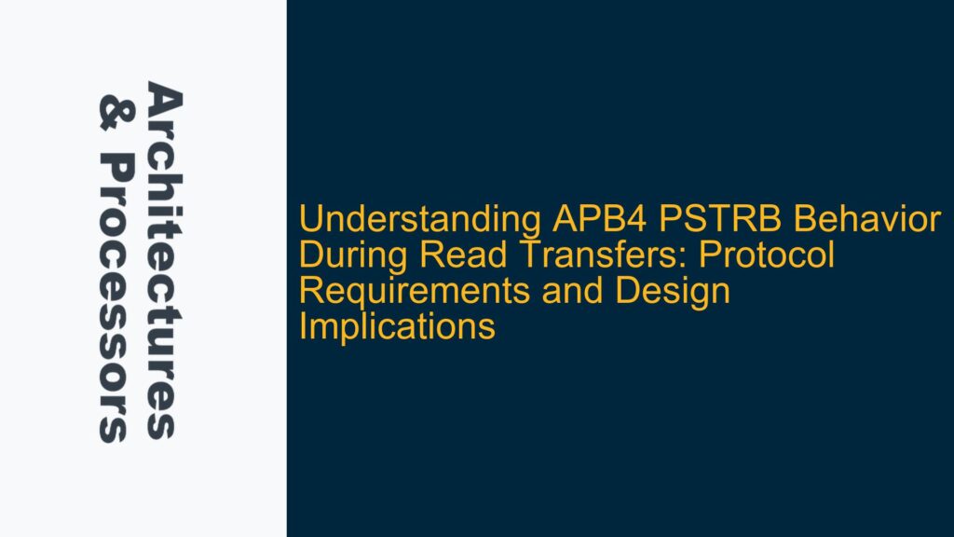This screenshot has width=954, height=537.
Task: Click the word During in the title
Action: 339,256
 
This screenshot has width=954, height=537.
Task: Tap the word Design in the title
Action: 684,292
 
